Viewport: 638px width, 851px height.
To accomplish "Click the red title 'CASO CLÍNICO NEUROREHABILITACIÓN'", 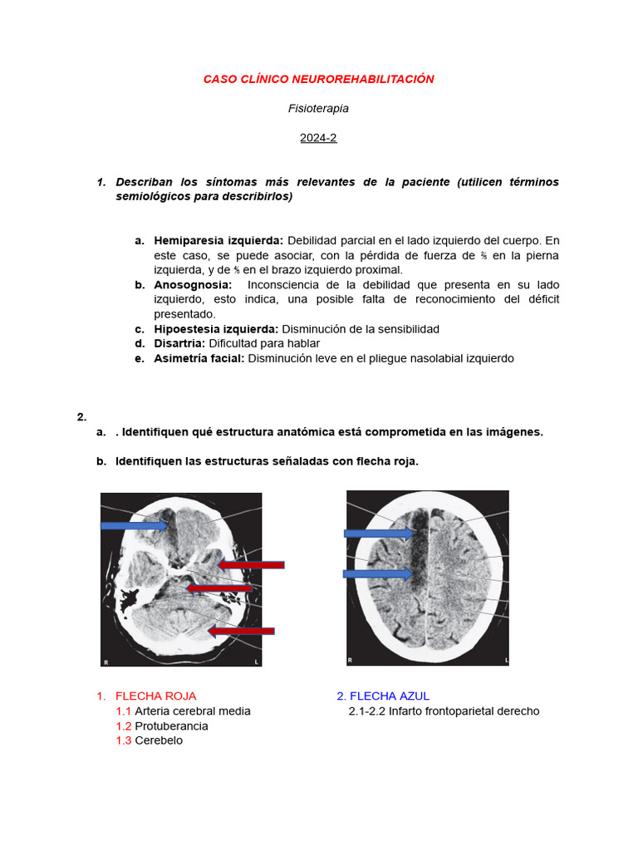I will click(x=318, y=79).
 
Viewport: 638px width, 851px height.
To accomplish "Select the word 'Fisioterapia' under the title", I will click(x=318, y=108).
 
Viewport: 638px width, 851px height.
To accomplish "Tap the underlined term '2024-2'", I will click(x=318, y=138).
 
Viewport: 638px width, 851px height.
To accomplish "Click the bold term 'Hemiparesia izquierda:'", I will click(x=218, y=240).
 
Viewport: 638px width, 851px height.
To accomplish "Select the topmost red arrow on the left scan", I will click(x=251, y=565).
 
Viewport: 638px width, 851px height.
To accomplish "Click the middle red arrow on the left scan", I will click(x=219, y=588).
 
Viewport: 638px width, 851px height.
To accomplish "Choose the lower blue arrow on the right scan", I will click(x=378, y=573).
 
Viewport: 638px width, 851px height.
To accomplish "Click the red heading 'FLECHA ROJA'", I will click(x=155, y=696).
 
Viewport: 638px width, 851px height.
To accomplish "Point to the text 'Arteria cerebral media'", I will click(x=192, y=711).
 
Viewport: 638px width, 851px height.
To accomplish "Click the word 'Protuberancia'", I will click(x=171, y=726).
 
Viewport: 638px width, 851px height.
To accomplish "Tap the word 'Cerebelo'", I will click(x=159, y=740).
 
